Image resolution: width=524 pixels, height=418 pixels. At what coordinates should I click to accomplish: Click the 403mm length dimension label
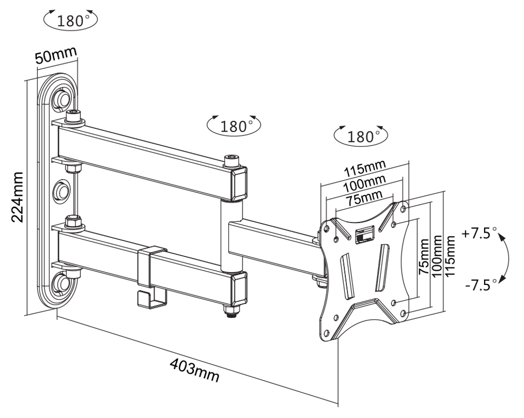point(194,371)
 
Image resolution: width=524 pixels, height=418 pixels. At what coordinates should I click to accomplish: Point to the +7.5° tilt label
point(479,234)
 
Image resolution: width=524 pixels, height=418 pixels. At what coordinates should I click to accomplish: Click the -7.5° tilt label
point(478,284)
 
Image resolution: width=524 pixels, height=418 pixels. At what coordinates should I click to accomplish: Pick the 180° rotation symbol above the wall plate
point(71,21)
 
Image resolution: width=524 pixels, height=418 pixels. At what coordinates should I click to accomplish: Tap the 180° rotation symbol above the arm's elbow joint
point(233,125)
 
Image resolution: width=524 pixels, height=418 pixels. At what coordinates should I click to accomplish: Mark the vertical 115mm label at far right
point(450,256)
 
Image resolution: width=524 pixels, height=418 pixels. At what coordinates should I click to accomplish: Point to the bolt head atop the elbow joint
point(233,161)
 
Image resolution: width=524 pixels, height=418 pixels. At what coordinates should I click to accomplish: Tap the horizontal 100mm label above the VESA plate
point(364,184)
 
